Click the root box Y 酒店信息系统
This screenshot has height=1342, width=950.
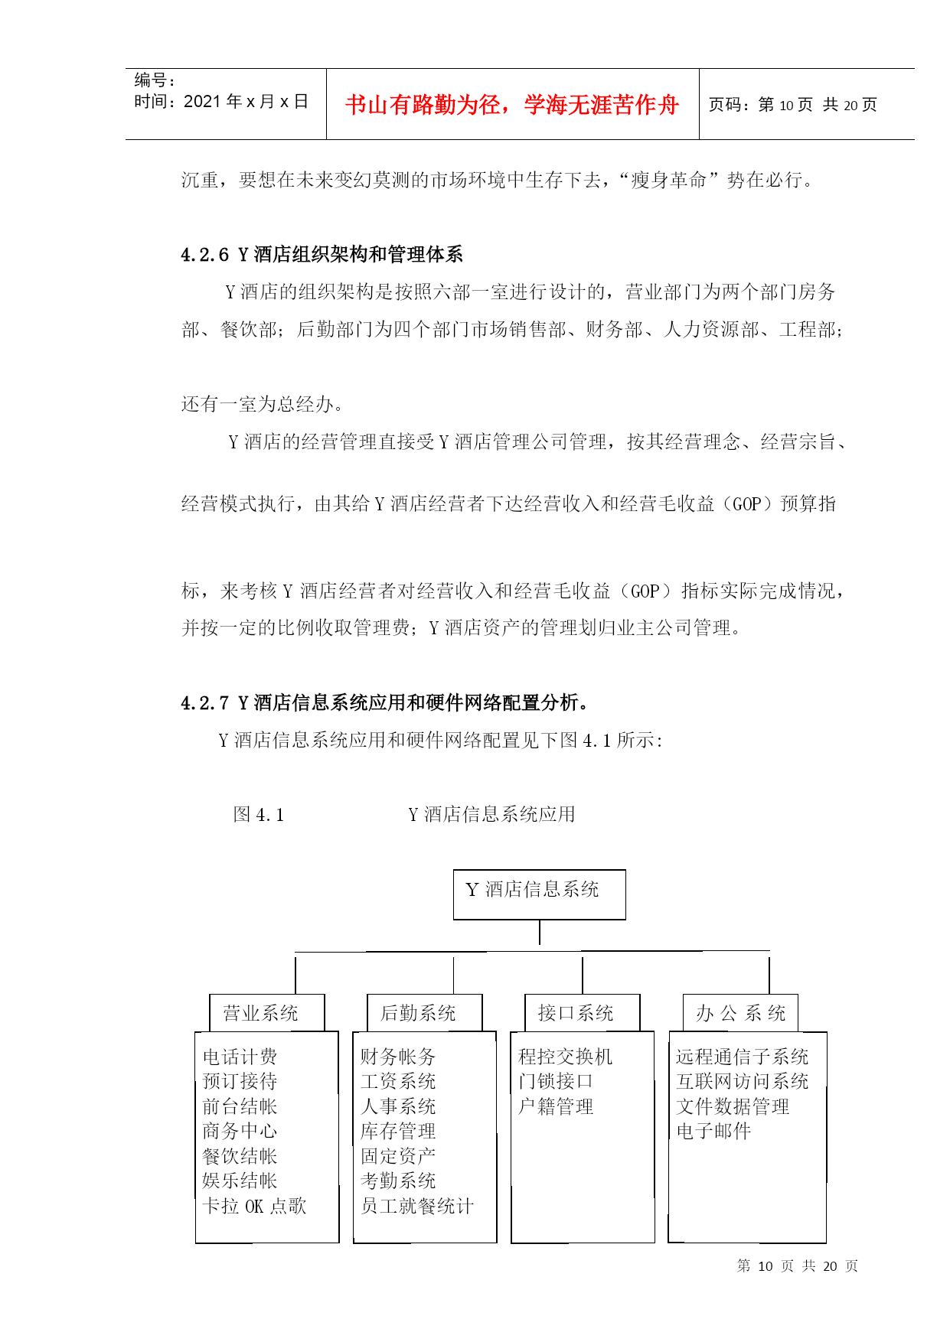tap(539, 894)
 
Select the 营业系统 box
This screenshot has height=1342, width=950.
tap(266, 1013)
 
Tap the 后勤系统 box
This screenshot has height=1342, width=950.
tap(425, 1013)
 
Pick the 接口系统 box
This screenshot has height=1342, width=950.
tap(583, 1013)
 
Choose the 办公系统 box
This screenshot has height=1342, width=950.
tap(740, 1013)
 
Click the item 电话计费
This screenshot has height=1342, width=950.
tap(240, 1057)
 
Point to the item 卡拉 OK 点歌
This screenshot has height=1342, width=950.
tap(254, 1206)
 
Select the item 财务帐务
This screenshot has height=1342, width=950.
tap(398, 1057)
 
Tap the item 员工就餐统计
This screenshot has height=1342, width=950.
tap(417, 1206)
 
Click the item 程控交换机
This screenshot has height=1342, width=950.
tap(566, 1057)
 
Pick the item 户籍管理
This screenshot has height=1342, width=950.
tap(556, 1106)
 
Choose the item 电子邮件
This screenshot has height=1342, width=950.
tap(713, 1131)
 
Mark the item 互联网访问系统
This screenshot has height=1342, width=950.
tap(743, 1081)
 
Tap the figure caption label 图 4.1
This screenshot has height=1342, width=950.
tap(259, 815)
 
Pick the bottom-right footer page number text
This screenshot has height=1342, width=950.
tap(798, 1266)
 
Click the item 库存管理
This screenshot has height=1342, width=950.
tap(398, 1131)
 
